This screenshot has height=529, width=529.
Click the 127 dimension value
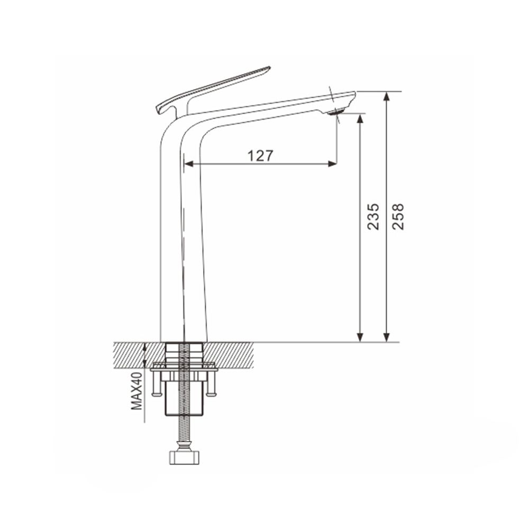coord(260,156)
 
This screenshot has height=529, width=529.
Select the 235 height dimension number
coord(373,216)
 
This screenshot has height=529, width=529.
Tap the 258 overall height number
coord(398,216)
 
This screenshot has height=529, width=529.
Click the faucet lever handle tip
coord(269,68)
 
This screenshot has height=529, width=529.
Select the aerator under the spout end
coord(335,112)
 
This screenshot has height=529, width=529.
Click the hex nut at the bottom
coord(184,457)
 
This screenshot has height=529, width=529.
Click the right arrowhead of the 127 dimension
coord(332,165)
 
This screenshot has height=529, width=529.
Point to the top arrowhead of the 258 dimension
coord(387,96)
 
